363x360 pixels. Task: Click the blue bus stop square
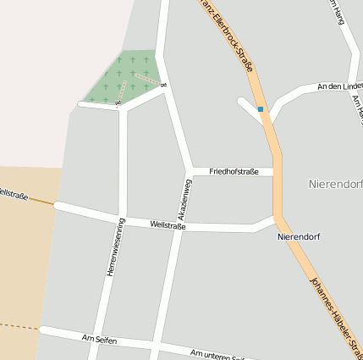pos(261,109)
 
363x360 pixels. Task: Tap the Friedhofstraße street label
pos(234,171)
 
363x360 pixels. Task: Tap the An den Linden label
pos(338,86)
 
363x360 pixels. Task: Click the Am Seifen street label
pos(99,340)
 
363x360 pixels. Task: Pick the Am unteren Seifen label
pos(218,355)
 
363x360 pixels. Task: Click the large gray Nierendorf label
pos(335,183)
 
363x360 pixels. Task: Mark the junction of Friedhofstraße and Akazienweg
pos(190,171)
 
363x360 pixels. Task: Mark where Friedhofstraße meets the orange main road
pos(276,172)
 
